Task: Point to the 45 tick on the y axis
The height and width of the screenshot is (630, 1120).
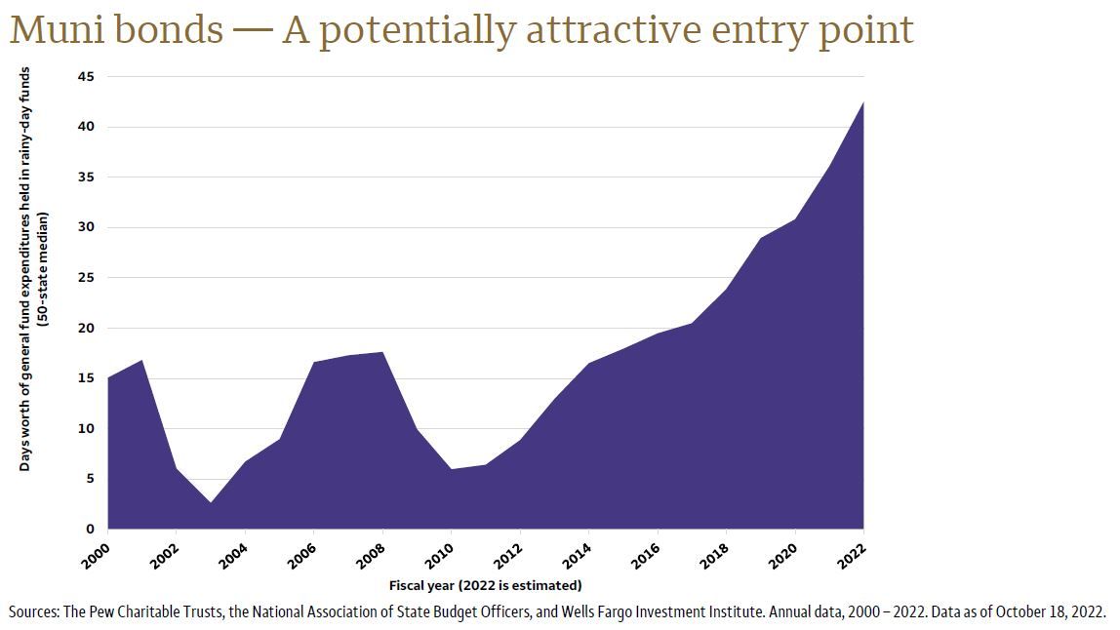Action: pyautogui.click(x=88, y=76)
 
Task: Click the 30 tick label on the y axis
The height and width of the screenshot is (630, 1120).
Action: pyautogui.click(x=88, y=227)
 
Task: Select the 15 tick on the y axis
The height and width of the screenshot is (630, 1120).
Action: pyautogui.click(x=88, y=378)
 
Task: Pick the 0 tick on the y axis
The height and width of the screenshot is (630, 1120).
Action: pyautogui.click(x=91, y=529)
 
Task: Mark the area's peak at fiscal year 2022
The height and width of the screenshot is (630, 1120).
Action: pyautogui.click(x=862, y=102)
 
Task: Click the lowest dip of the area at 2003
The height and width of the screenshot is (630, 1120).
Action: pyautogui.click(x=211, y=502)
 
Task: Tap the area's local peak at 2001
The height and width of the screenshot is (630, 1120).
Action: pyautogui.click(x=142, y=360)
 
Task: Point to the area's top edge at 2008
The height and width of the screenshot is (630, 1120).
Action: pyautogui.click(x=382, y=352)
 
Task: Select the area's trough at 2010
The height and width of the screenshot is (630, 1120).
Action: pyautogui.click(x=451, y=469)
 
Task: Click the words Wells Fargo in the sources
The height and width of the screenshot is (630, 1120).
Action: pyautogui.click(x=678, y=612)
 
